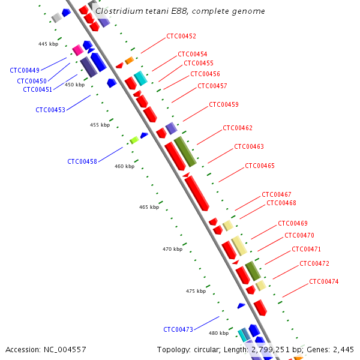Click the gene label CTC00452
tap(181, 36)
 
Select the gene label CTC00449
tap(25, 70)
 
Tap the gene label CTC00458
tap(82, 161)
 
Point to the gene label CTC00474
tap(324, 281)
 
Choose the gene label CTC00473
tap(178, 329)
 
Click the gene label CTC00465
tap(260, 166)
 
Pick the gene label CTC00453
tap(50, 110)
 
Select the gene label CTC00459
tap(224, 104)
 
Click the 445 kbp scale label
tap(48, 44)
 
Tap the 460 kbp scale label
tap(125, 166)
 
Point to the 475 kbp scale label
tap(196, 291)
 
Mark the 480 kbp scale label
tap(218, 333)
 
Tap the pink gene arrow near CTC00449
tap(77, 50)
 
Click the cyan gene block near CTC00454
tap(140, 78)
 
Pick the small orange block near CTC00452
tap(129, 61)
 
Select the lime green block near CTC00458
tap(134, 140)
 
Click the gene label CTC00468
tap(281, 203)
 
